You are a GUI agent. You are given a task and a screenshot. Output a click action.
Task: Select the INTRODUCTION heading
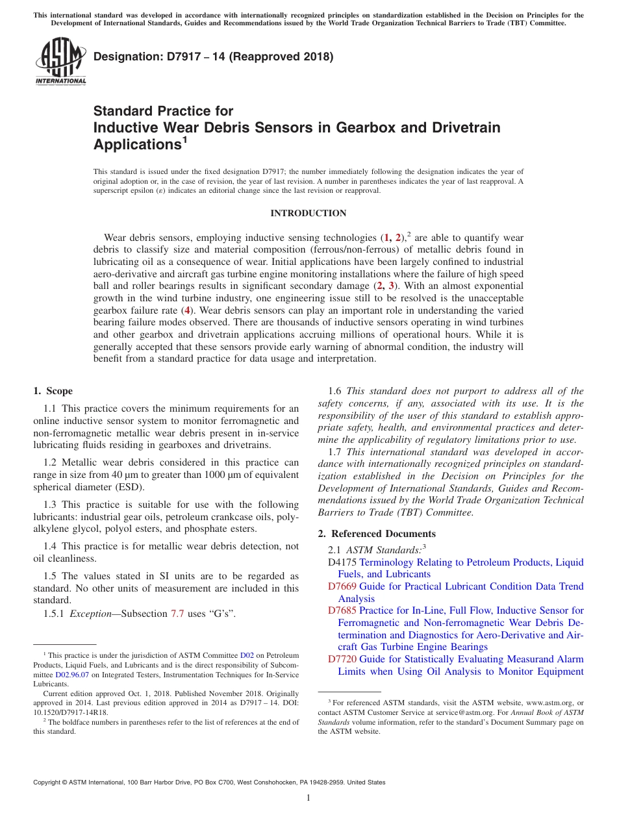(x=308, y=214)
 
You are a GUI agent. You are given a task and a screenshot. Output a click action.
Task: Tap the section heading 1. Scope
(x=53, y=391)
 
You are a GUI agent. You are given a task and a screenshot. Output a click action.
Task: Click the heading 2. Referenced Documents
(x=377, y=534)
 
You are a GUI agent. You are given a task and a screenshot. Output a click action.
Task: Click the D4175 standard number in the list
(x=342, y=562)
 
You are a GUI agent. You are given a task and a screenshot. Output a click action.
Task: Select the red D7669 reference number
(x=342, y=586)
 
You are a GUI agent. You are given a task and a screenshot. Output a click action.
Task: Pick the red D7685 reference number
(x=342, y=610)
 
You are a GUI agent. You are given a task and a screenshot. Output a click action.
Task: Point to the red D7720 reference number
(x=342, y=659)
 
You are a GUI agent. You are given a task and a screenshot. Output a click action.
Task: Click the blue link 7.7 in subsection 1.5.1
(x=177, y=614)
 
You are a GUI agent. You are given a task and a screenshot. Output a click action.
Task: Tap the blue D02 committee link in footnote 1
(x=247, y=656)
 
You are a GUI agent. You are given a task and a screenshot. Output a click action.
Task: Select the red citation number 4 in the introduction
(x=188, y=310)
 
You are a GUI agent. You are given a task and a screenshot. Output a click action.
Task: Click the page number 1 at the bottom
(x=308, y=798)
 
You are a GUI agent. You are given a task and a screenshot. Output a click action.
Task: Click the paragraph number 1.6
(x=335, y=391)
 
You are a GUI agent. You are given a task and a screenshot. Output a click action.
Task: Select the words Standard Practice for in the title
(x=163, y=111)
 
